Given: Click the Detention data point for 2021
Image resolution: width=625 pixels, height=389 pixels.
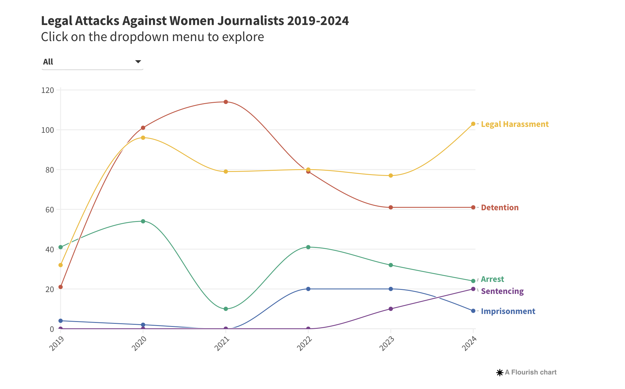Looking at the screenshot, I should tap(226, 102).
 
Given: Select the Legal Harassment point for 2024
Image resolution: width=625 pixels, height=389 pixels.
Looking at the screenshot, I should tap(473, 124).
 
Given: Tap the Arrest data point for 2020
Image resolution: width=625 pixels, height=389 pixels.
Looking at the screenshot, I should tap(143, 221).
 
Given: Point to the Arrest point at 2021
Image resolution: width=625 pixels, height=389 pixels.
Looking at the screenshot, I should tap(226, 309).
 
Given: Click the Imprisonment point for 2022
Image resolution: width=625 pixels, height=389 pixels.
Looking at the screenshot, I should tap(308, 289).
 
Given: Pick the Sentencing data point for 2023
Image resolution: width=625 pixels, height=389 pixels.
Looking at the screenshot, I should tap(391, 309).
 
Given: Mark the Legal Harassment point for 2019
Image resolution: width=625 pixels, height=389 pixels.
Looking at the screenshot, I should tap(61, 265).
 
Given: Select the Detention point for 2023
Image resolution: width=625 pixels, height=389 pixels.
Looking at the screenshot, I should tap(391, 207).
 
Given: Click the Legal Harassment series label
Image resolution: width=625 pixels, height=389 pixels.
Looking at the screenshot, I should tap(515, 124).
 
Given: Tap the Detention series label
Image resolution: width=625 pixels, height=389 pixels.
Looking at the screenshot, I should tap(500, 207).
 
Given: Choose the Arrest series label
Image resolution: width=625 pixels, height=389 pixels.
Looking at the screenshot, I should tap(492, 279).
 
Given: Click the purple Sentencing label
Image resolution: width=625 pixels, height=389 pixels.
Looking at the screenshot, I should tap(502, 291).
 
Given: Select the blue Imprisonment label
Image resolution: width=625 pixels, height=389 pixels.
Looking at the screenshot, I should tap(508, 311).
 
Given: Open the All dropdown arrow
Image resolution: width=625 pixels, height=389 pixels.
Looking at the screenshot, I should tap(138, 62).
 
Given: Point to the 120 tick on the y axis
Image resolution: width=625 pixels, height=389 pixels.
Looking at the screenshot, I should tap(48, 90).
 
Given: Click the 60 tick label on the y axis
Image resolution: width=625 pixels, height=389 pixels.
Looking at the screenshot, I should tap(49, 210).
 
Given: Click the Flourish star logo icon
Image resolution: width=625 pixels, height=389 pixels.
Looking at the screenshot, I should tap(500, 373).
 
